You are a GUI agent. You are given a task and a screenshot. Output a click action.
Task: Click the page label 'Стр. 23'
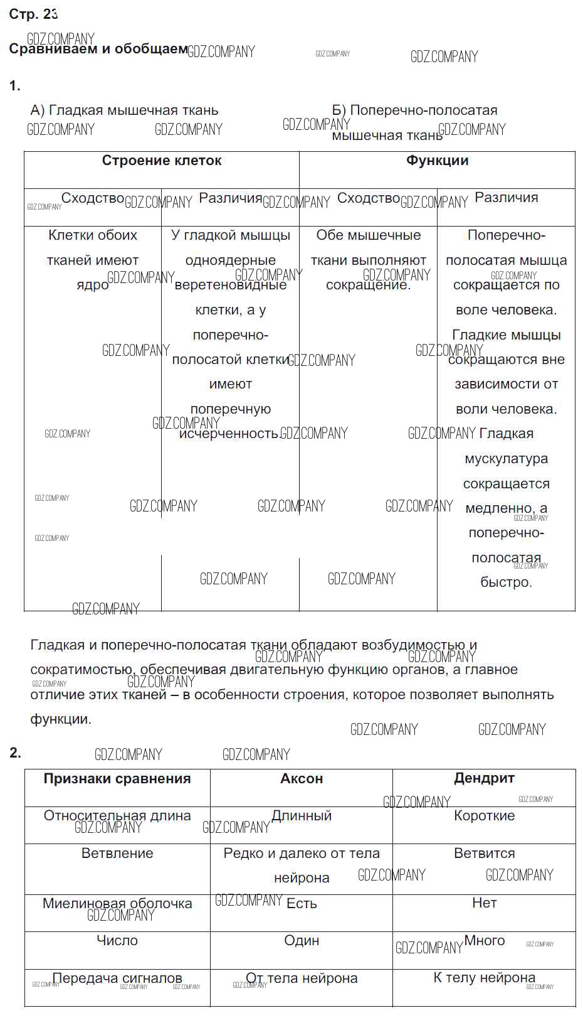point(33,14)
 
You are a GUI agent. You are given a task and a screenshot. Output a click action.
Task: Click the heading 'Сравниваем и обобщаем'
point(98,49)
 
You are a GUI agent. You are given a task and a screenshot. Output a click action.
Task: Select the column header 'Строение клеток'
point(162,161)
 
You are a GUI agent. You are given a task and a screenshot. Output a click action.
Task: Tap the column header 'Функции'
point(437,161)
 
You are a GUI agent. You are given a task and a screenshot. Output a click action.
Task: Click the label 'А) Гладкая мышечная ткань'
point(124,110)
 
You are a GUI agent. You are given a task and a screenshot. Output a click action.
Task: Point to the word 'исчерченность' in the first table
point(228,434)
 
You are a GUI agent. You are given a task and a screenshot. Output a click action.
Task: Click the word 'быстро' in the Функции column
point(505,582)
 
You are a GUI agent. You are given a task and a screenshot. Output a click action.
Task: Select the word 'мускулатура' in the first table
point(507,459)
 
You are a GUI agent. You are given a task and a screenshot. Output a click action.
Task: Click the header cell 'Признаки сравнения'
point(117,779)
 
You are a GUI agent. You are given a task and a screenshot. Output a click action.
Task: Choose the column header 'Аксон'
point(302,779)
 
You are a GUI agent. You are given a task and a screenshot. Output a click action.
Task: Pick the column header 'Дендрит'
point(484,778)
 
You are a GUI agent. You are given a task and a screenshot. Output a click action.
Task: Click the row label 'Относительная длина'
point(117,816)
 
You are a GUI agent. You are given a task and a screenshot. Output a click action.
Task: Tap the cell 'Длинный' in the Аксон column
point(302,816)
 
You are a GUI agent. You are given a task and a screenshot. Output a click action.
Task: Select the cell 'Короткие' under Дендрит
point(484,816)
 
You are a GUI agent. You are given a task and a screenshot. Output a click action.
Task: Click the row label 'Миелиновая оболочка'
point(117,904)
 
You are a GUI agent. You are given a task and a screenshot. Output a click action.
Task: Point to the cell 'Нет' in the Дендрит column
point(484,903)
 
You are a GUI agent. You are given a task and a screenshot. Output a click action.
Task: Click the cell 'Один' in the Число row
point(302,941)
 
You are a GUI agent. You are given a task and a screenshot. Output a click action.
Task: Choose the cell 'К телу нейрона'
point(484,978)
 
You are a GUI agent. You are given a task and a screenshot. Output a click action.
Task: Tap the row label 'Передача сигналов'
point(117,978)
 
